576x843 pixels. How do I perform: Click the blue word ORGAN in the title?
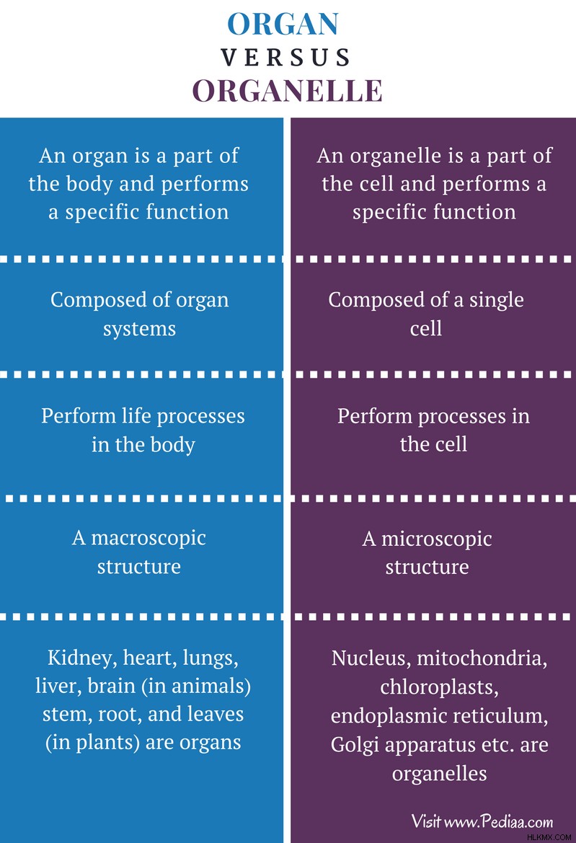coord(283,25)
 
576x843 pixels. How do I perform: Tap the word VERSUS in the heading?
coord(286,58)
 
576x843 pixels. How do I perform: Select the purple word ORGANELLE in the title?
coord(288,91)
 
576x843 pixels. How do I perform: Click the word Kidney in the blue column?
coord(82,658)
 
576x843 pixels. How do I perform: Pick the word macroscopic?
coord(149,539)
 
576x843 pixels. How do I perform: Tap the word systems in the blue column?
coord(139,329)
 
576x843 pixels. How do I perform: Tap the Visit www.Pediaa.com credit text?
coord(482,821)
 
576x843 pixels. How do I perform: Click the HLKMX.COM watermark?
coord(549,837)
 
